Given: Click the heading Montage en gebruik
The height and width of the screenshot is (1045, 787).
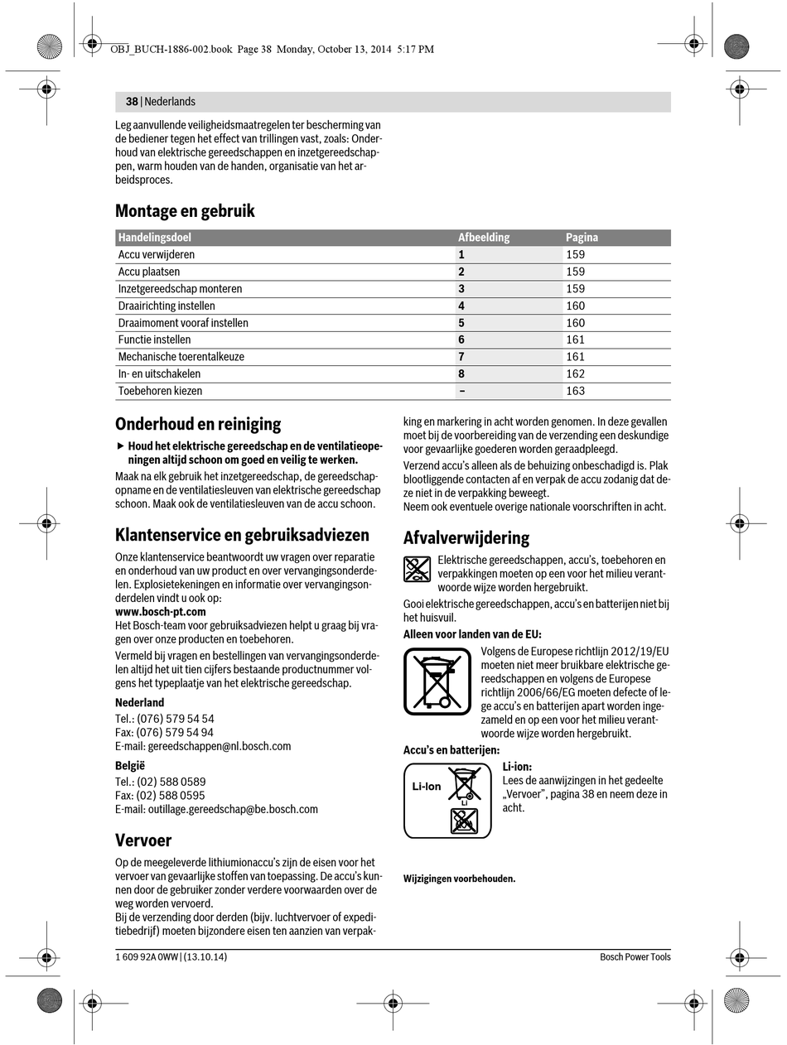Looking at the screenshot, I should (185, 211).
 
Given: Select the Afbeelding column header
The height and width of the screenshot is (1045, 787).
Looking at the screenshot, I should (484, 238).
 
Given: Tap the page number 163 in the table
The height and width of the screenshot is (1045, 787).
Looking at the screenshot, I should (575, 391).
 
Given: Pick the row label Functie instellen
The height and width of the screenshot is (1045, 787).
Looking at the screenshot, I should (154, 340).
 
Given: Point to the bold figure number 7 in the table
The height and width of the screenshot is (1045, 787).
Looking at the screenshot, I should (461, 357).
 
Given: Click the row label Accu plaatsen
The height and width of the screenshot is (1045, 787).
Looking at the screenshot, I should (149, 272).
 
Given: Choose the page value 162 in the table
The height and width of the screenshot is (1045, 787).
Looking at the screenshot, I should (575, 373).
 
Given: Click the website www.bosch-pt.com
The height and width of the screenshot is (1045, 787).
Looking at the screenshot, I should (161, 612).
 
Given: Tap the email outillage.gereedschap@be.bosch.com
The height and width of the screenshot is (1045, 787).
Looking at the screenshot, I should (233, 809).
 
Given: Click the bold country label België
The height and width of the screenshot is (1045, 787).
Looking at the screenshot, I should (130, 766).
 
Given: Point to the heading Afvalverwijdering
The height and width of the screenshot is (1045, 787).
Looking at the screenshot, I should (466, 538).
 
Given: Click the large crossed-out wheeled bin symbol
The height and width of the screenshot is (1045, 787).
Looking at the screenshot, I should (437, 681).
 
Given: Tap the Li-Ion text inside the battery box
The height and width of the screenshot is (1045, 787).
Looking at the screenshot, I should (427, 787).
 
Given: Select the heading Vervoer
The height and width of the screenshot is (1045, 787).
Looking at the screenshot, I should (143, 840).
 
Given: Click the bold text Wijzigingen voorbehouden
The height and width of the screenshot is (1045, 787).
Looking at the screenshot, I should (459, 879).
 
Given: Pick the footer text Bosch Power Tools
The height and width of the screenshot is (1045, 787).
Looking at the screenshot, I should (635, 957).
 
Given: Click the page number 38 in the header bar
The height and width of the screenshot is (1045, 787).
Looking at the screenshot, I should (132, 102).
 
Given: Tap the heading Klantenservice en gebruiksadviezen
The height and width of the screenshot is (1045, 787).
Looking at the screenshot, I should (242, 535).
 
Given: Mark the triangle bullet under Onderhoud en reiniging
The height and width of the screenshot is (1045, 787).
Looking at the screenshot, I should (120, 446).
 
